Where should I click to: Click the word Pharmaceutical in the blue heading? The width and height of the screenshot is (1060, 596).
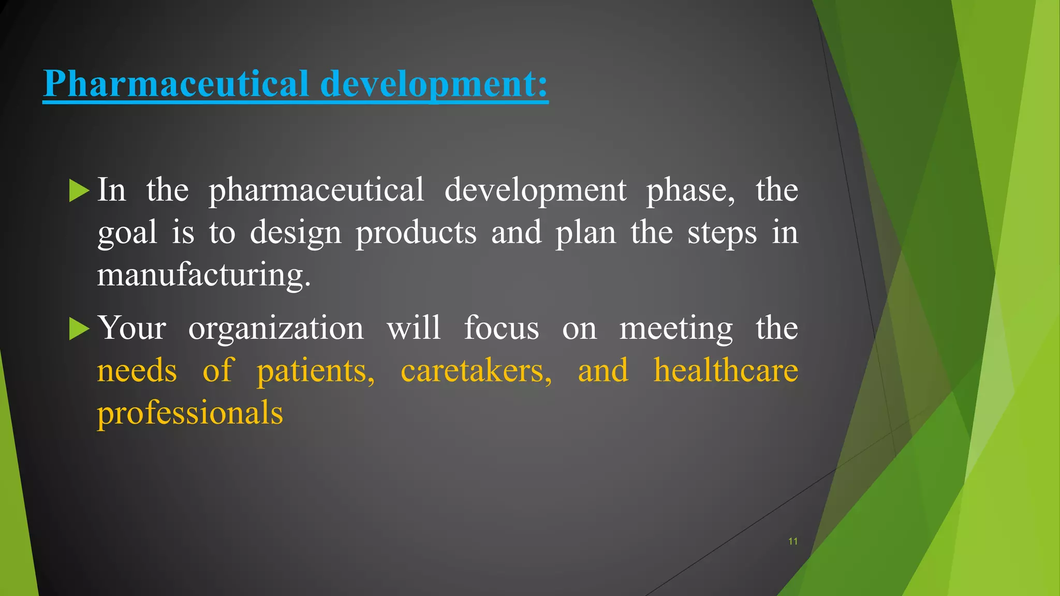pyautogui.click(x=176, y=84)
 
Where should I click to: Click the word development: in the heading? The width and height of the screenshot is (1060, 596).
pyautogui.click(x=434, y=84)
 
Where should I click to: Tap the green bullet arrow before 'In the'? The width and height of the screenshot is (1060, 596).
pyautogui.click(x=79, y=190)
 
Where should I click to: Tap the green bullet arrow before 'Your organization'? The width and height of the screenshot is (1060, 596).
pyautogui.click(x=79, y=329)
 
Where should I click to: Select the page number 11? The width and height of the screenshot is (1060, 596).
pyautogui.click(x=792, y=541)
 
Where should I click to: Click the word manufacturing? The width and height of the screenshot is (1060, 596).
pyautogui.click(x=204, y=274)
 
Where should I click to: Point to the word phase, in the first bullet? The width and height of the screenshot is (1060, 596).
pyautogui.click(x=690, y=190)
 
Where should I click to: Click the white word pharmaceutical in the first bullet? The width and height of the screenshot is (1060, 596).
pyautogui.click(x=316, y=190)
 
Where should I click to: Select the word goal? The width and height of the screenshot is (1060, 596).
pyautogui.click(x=127, y=233)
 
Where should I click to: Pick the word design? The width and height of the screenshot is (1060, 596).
pyautogui.click(x=296, y=233)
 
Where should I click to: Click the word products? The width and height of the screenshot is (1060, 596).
pyautogui.click(x=416, y=233)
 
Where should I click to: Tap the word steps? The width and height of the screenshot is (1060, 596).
pyautogui.click(x=722, y=233)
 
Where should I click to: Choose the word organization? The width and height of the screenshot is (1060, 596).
pyautogui.click(x=276, y=329)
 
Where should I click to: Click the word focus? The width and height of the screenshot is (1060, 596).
pyautogui.click(x=501, y=329)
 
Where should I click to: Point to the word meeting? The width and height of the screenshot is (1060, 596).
pyautogui.click(x=676, y=329)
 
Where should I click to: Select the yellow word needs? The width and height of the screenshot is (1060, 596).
pyautogui.click(x=137, y=371)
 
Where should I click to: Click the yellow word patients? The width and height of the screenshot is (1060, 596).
pyautogui.click(x=316, y=371)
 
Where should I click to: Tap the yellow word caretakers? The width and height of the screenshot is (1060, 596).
pyautogui.click(x=476, y=371)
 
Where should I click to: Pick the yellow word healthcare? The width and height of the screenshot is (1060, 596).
pyautogui.click(x=726, y=371)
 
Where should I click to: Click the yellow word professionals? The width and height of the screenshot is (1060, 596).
pyautogui.click(x=190, y=413)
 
